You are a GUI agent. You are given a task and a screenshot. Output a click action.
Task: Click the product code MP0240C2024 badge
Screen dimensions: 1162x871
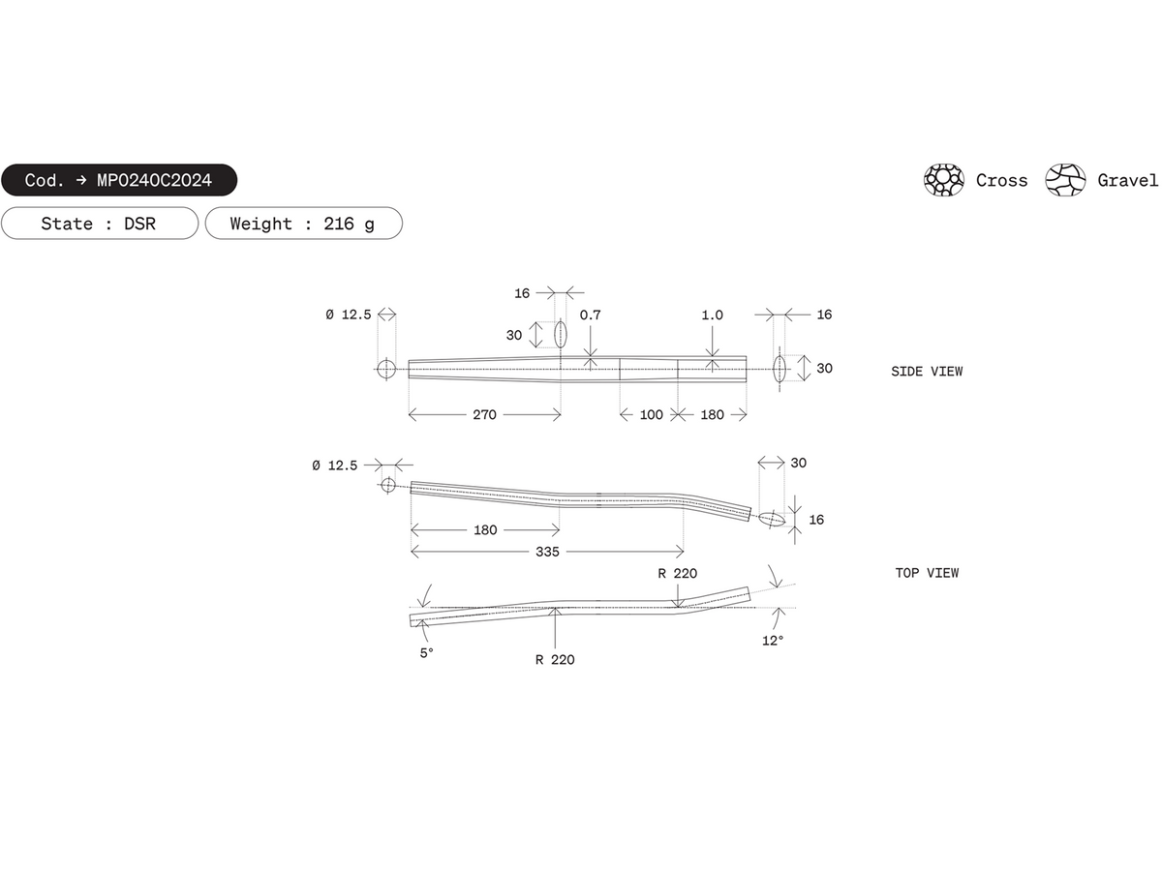(x=119, y=180)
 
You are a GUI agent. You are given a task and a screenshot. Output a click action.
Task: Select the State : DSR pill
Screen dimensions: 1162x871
(x=100, y=224)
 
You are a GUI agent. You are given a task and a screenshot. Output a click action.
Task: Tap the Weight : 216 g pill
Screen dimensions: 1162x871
(x=303, y=224)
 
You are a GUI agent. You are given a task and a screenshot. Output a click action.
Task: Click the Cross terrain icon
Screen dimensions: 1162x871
(x=944, y=180)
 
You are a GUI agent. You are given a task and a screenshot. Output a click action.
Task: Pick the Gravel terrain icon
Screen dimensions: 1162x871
(x=1065, y=180)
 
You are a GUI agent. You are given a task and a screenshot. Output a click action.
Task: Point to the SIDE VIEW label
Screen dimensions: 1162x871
(x=927, y=372)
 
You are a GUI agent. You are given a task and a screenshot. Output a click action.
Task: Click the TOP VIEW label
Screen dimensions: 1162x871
(x=927, y=573)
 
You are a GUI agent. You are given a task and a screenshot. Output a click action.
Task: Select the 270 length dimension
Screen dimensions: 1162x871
(x=484, y=414)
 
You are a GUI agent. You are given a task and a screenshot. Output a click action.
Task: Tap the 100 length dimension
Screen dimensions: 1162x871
(x=651, y=414)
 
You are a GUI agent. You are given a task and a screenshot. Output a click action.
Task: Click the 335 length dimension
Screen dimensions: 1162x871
(x=547, y=552)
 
